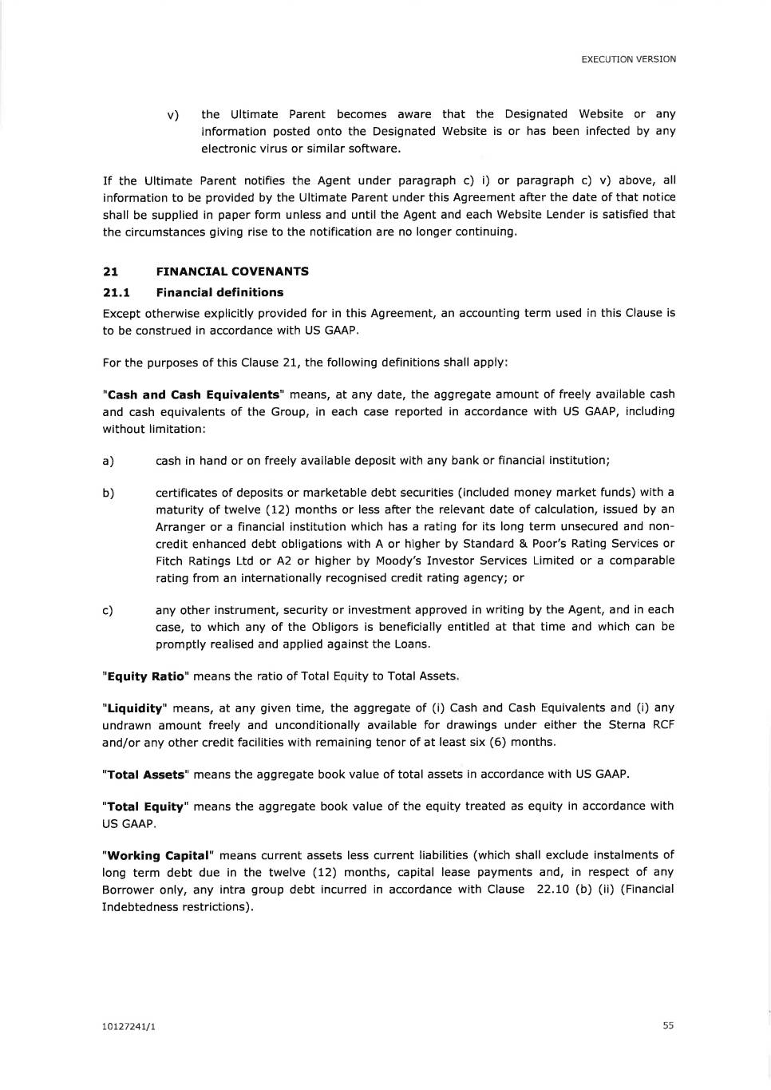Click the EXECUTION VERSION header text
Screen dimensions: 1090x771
(x=628, y=59)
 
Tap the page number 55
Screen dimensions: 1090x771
(x=668, y=1025)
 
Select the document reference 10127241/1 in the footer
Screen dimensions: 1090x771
(x=128, y=1026)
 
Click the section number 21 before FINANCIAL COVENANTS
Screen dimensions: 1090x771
(x=110, y=272)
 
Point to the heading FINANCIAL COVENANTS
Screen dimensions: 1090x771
(x=232, y=272)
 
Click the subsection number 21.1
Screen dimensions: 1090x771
(x=116, y=292)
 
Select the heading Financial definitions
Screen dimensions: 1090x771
(x=219, y=292)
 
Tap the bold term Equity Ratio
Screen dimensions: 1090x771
(x=145, y=676)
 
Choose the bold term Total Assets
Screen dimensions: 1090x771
(x=145, y=775)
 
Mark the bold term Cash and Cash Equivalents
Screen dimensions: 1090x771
(x=194, y=394)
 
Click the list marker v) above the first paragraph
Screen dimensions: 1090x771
(x=172, y=115)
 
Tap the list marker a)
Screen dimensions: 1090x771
(x=108, y=461)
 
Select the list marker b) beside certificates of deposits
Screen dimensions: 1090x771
(x=108, y=493)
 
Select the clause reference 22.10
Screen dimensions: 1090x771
(x=552, y=890)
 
